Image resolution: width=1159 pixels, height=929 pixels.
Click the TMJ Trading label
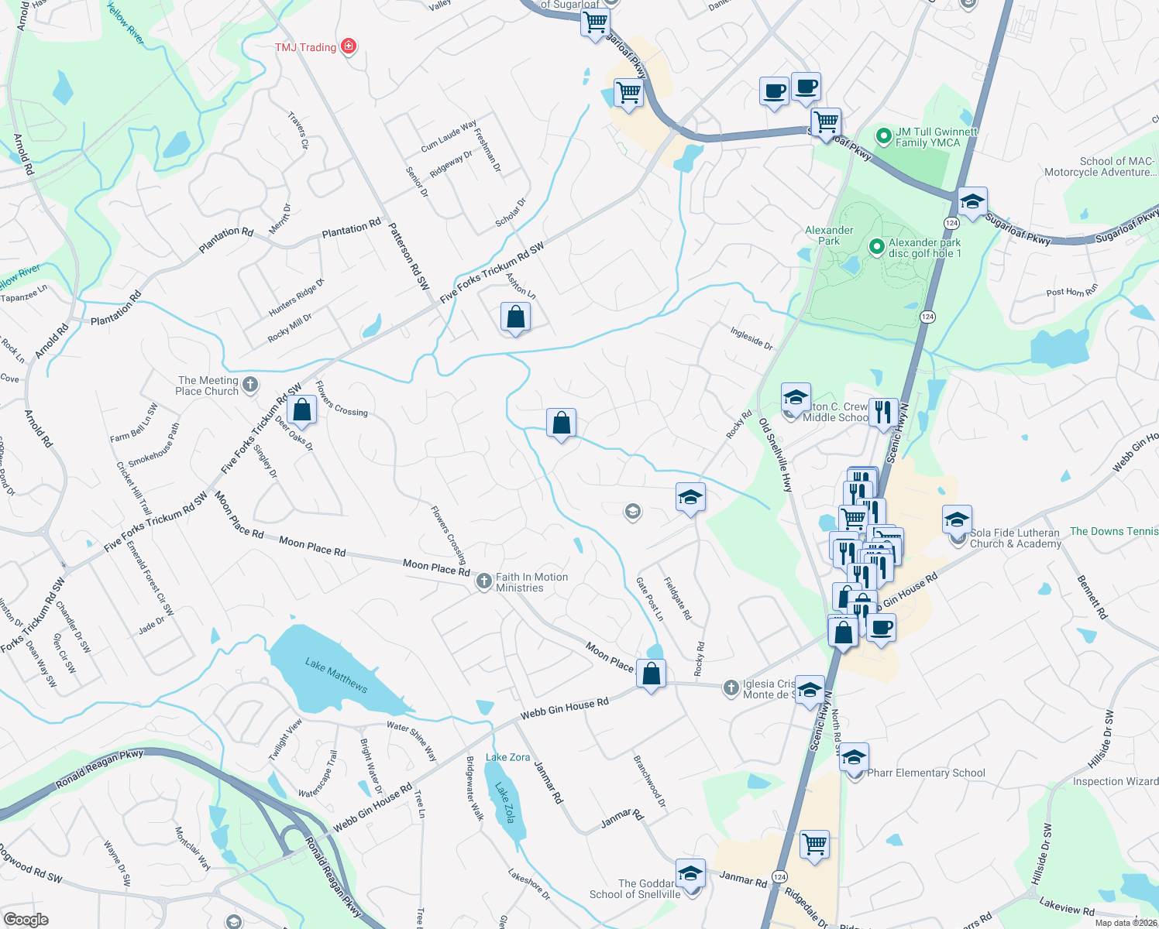click(305, 47)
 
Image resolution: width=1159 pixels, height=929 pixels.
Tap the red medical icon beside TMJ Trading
click(349, 46)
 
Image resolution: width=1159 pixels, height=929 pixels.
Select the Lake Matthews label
click(336, 675)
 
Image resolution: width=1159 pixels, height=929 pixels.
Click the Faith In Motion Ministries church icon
click(484, 581)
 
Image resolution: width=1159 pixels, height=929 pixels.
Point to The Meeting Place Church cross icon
click(249, 384)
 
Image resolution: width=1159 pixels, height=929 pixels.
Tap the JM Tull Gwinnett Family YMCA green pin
click(883, 136)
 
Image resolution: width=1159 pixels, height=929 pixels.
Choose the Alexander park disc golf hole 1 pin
click(876, 247)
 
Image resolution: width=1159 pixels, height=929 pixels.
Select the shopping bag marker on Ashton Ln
click(515, 317)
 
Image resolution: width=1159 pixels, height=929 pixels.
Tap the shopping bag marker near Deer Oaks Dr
click(301, 410)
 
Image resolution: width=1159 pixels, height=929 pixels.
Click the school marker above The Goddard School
click(690, 873)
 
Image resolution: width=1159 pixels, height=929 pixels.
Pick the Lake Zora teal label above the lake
click(507, 757)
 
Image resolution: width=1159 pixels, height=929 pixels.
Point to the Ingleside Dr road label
click(751, 338)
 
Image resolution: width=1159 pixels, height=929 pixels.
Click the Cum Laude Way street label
click(449, 136)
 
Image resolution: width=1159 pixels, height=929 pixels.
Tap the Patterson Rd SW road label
click(408, 256)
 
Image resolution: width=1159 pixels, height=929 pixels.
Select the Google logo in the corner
click(26, 920)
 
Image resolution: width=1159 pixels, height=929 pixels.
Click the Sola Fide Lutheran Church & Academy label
click(1015, 538)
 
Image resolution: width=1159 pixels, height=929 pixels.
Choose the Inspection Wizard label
click(1115, 781)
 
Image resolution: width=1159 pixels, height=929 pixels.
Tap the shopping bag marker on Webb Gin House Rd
click(652, 674)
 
